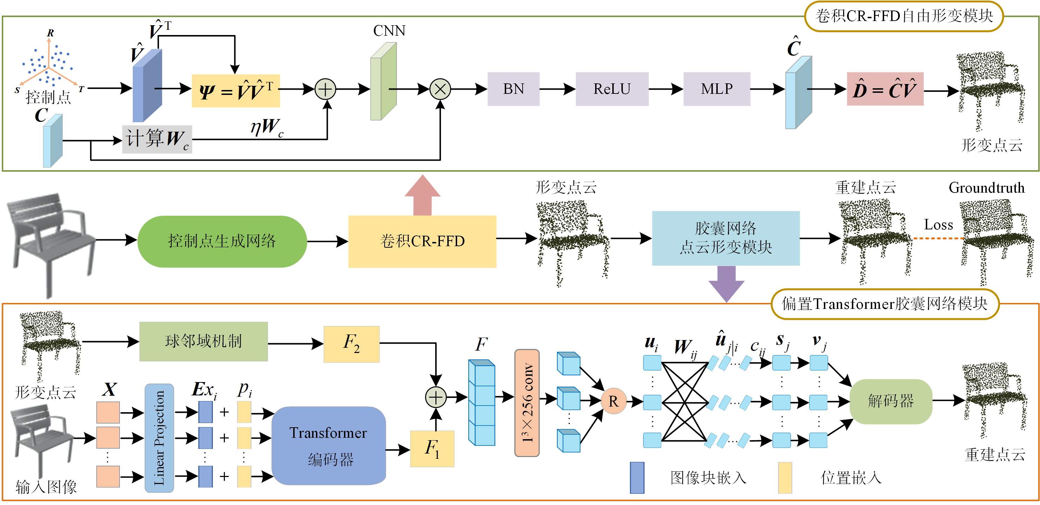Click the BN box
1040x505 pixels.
[513, 89]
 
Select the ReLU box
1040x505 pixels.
[612, 89]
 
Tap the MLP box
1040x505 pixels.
[717, 89]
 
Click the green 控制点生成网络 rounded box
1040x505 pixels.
[222, 241]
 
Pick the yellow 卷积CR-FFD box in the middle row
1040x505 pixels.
[422, 241]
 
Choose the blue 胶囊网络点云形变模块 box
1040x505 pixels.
[725, 238]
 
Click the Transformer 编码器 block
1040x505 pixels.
[329, 446]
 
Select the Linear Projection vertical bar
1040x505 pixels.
[159, 438]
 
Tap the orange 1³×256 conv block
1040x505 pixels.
[527, 403]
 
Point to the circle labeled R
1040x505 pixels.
[613, 401]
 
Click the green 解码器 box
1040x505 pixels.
[891, 401]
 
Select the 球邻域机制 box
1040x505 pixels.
[204, 341]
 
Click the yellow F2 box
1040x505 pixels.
[351, 344]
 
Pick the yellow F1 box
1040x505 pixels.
[432, 449]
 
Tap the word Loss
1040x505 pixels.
[938, 225]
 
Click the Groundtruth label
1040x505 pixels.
[986, 188]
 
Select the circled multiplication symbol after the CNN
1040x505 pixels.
[440, 89]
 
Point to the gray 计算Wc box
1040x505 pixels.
[157, 139]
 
